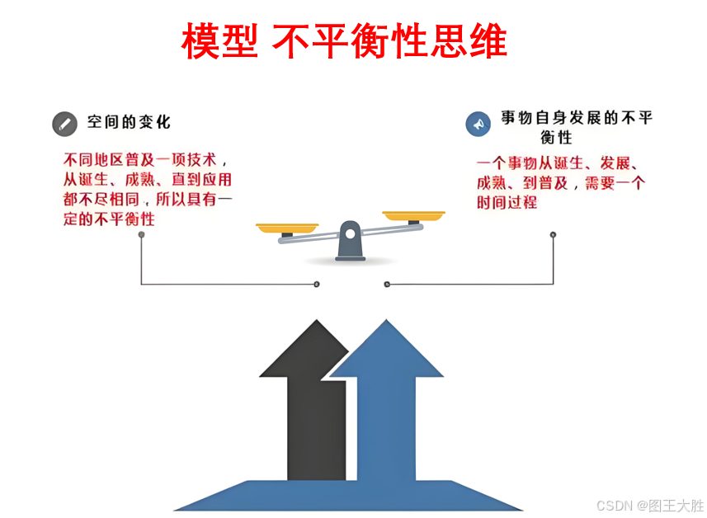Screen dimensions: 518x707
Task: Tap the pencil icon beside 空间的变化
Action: click(x=64, y=124)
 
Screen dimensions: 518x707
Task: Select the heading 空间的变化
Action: click(x=130, y=122)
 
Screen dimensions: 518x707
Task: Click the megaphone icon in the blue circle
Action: click(x=477, y=124)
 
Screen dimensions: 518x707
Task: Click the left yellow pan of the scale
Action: click(x=286, y=227)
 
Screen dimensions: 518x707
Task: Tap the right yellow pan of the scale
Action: click(x=414, y=216)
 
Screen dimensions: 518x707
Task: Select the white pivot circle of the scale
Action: click(x=351, y=233)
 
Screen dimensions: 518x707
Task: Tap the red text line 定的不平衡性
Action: click(x=109, y=219)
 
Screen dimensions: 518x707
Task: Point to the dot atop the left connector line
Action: click(x=141, y=234)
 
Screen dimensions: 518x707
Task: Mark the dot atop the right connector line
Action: click(x=553, y=234)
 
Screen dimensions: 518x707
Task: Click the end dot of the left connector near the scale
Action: click(x=317, y=285)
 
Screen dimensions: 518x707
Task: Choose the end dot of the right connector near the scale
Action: click(x=386, y=285)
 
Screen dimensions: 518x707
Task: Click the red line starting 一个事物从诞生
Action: click(x=560, y=162)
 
